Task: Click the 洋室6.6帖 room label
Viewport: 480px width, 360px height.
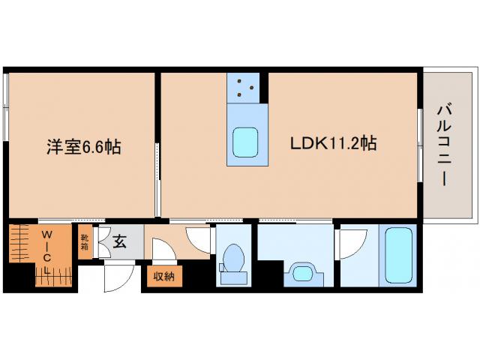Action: coord(82,145)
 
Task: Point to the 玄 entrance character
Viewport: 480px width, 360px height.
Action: coord(120,241)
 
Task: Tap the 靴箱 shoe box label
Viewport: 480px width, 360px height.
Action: coord(85,241)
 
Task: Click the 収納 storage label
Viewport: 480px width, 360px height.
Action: coord(163,277)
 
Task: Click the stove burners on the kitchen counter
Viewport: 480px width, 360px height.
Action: coord(244,88)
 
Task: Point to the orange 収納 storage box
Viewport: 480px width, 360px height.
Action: coord(163,277)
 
